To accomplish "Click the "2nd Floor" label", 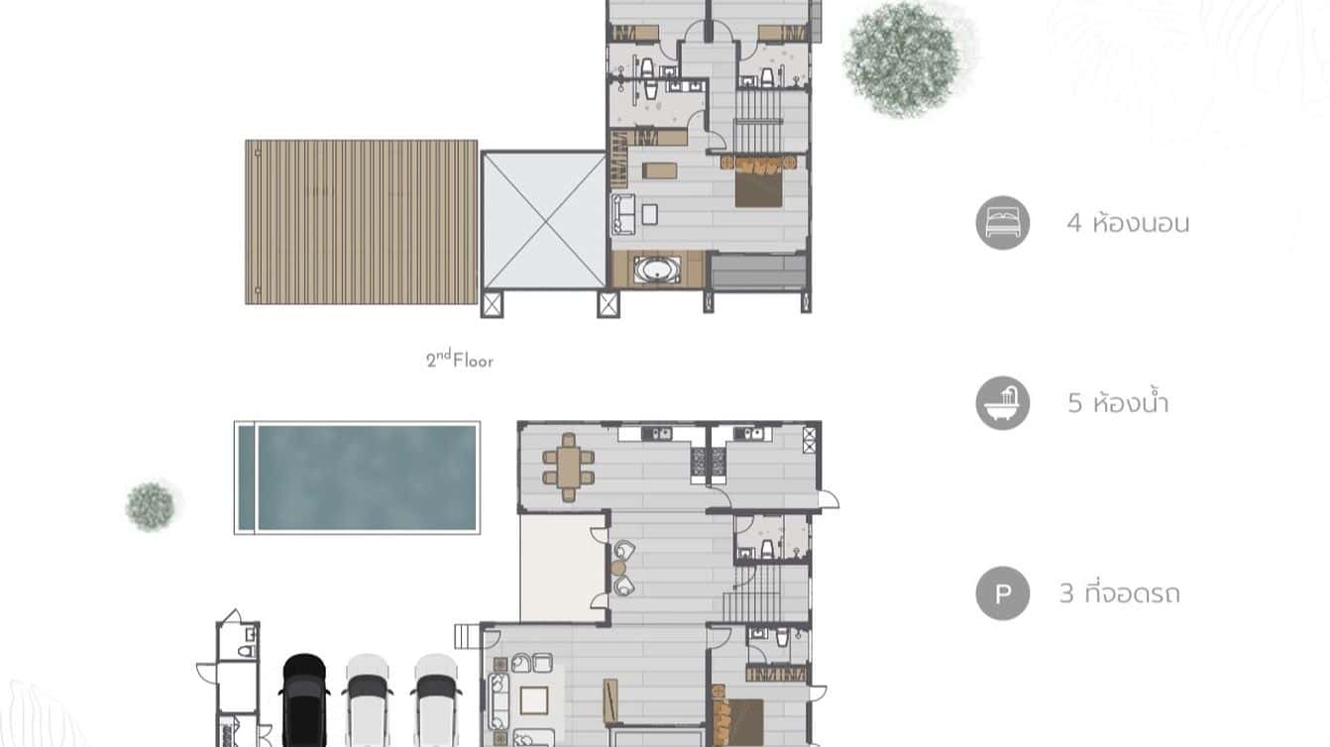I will coord(460,360).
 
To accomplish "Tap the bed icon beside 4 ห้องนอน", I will coord(1002,223).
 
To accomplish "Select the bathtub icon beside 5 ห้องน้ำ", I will coord(1002,403).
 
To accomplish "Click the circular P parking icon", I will coord(1002,593).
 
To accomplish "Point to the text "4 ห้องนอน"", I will coord(1128,223).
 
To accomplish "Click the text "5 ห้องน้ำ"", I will coord(1118,403).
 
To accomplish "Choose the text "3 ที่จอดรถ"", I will coord(1119,593).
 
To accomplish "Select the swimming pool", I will coord(367,478).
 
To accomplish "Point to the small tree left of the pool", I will coord(151,505).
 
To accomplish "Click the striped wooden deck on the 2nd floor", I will coord(362,222).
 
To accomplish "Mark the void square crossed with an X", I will coord(543,220).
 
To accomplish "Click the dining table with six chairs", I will coord(568,467).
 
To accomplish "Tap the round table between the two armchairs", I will coord(618,568).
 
